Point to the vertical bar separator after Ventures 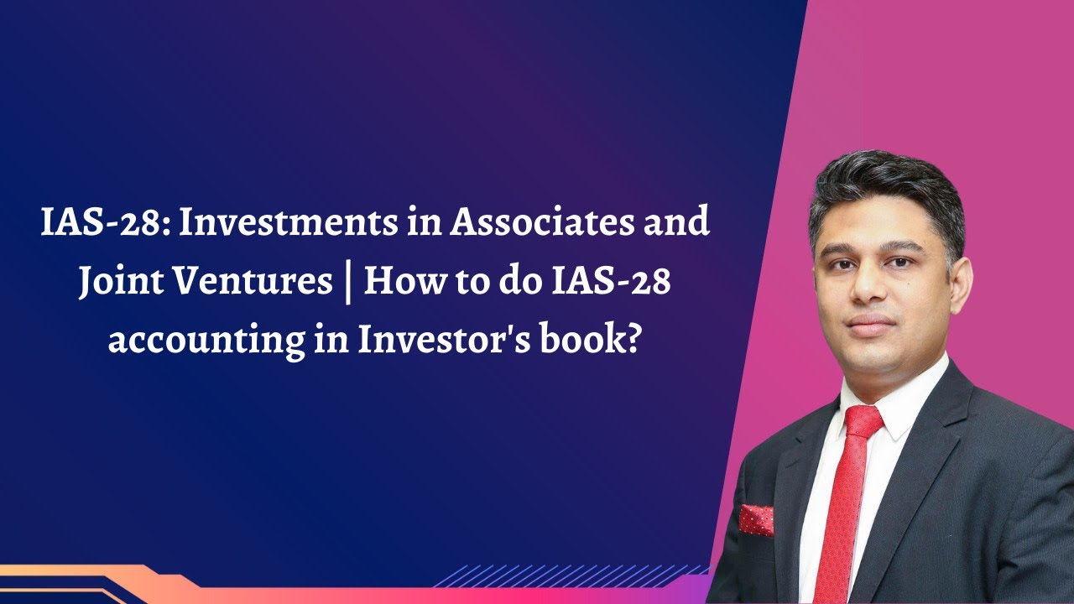click(347, 284)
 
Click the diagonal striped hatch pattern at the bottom click(571, 575)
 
